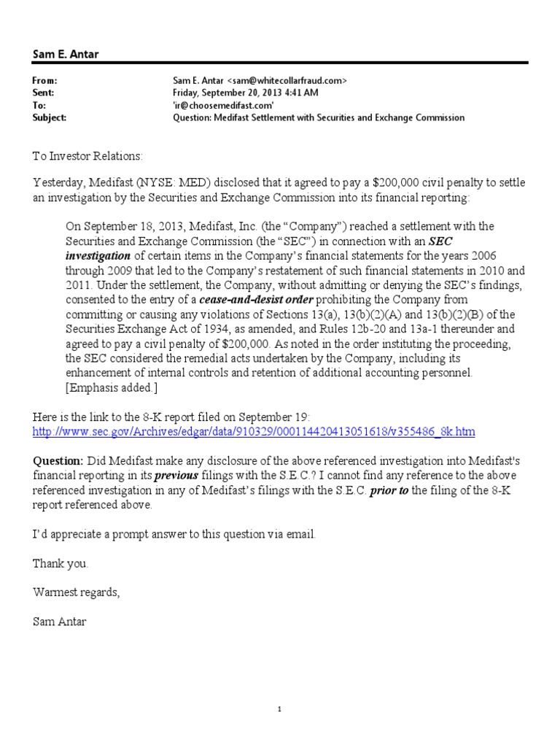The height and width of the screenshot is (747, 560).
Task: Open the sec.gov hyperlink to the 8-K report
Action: tap(254, 432)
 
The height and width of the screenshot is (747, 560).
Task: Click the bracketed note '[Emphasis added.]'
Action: tap(109, 388)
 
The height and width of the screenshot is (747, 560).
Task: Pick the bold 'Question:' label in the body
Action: tap(58, 460)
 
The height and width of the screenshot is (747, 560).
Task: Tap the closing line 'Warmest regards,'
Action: tap(75, 592)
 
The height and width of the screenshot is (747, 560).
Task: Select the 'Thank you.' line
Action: tap(61, 563)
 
